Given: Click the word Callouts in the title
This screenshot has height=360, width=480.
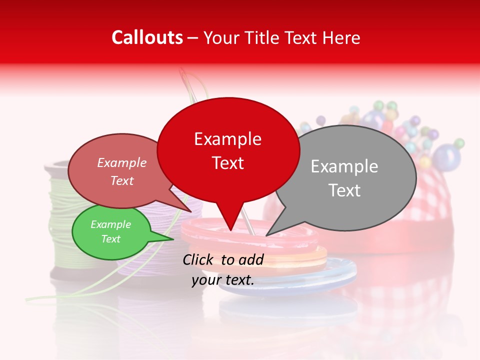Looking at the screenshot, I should (x=147, y=37).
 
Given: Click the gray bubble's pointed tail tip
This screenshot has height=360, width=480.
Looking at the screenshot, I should (x=267, y=235).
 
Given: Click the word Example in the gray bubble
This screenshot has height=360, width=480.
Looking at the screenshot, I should (x=344, y=166).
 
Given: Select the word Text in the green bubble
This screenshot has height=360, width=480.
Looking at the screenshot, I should (x=110, y=239).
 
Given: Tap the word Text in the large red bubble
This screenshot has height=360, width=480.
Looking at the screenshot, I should (x=228, y=163).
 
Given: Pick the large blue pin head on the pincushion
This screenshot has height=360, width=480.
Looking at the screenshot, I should (x=446, y=156).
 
